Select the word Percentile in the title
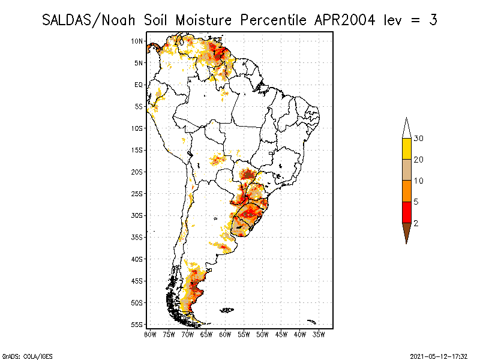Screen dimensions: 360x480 [273, 20]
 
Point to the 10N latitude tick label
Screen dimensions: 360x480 [137, 41]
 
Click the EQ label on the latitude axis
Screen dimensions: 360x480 [139, 85]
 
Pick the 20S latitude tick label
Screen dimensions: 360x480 [137, 172]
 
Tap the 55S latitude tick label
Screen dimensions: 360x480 [137, 325]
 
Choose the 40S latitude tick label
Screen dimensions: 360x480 [137, 259]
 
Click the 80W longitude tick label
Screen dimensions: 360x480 [150, 334]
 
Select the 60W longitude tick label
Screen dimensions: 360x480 [225, 334]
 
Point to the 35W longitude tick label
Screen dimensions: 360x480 [319, 334]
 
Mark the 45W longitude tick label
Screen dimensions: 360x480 [281, 334]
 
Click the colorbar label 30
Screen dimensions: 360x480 [419, 139]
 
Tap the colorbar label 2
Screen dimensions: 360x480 [416, 223]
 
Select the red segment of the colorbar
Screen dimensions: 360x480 [406, 212]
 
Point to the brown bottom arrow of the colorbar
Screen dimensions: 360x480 [406, 232]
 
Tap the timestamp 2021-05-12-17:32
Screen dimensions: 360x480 [439, 356]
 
